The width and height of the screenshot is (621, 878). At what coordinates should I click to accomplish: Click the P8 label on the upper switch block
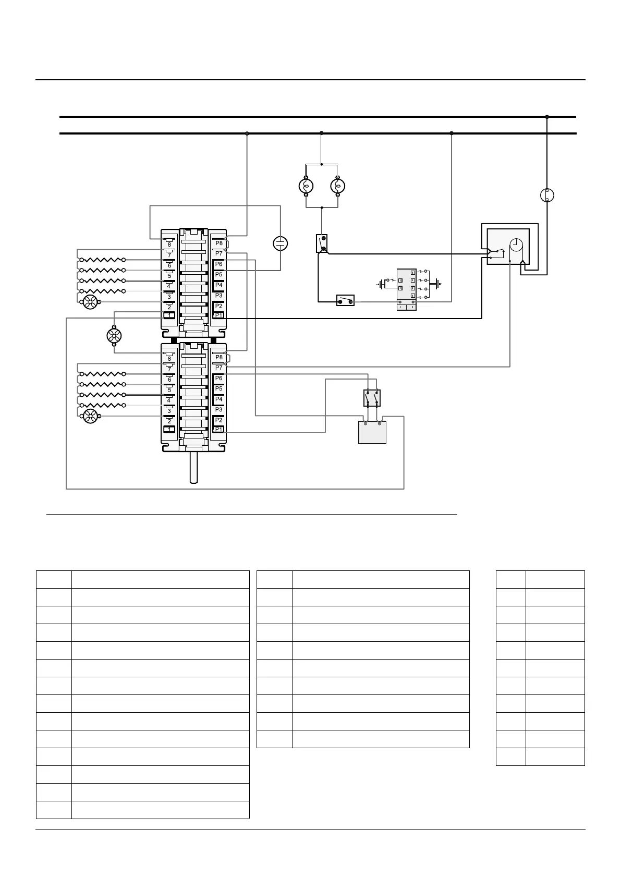(x=219, y=243)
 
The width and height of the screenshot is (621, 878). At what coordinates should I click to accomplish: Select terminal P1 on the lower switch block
(x=219, y=430)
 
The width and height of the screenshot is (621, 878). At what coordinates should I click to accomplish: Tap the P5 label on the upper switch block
(x=219, y=275)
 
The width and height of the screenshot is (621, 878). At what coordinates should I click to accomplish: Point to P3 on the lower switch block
(x=219, y=409)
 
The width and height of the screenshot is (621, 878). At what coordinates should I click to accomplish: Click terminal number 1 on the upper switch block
(x=169, y=315)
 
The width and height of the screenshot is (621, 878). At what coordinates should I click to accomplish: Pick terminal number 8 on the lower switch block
(x=169, y=359)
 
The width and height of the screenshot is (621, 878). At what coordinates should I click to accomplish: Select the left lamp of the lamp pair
(x=306, y=186)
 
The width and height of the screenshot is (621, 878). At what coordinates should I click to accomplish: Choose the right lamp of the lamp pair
(x=338, y=186)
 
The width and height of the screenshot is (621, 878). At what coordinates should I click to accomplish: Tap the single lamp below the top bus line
(x=547, y=196)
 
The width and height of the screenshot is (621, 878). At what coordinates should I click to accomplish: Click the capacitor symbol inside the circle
(x=281, y=243)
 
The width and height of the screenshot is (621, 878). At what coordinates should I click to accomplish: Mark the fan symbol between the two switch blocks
(x=114, y=336)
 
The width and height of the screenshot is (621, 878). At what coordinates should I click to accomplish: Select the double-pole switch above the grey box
(x=372, y=398)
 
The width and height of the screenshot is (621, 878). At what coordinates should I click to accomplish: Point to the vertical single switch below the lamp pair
(x=322, y=243)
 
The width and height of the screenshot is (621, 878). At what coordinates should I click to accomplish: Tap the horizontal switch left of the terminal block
(x=345, y=300)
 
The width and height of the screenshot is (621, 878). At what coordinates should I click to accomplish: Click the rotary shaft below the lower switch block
(x=193, y=467)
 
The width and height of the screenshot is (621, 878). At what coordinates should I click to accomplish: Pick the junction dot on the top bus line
(x=547, y=117)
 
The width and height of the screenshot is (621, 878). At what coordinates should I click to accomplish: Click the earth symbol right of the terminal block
(x=437, y=284)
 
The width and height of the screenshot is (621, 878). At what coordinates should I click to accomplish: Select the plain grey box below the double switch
(x=372, y=432)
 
